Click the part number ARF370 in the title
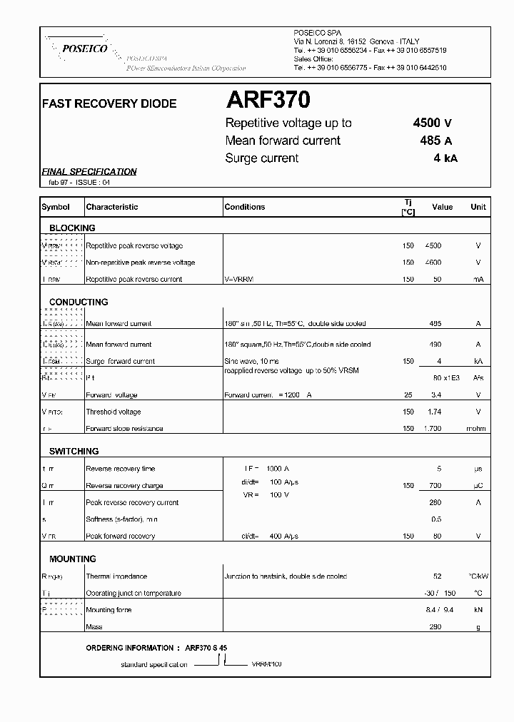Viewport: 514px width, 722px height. [268, 101]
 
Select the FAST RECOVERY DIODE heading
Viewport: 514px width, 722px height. [109, 103]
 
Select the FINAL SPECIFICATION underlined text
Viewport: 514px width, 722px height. [89, 171]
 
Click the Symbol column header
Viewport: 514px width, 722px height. [56, 207]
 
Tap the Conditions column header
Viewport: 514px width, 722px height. [244, 207]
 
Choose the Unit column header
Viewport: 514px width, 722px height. [478, 207]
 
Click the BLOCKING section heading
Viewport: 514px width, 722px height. [72, 228]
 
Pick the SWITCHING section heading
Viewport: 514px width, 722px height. [74, 452]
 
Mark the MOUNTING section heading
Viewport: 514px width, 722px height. [72, 559]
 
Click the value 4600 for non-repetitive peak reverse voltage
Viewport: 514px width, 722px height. [433, 263]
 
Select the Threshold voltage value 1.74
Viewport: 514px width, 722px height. [434, 412]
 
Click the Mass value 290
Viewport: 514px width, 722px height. [435, 627]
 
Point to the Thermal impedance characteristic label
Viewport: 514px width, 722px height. [116, 576]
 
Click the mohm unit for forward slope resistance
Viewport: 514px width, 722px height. [476, 429]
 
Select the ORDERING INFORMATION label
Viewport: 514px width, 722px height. [129, 648]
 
